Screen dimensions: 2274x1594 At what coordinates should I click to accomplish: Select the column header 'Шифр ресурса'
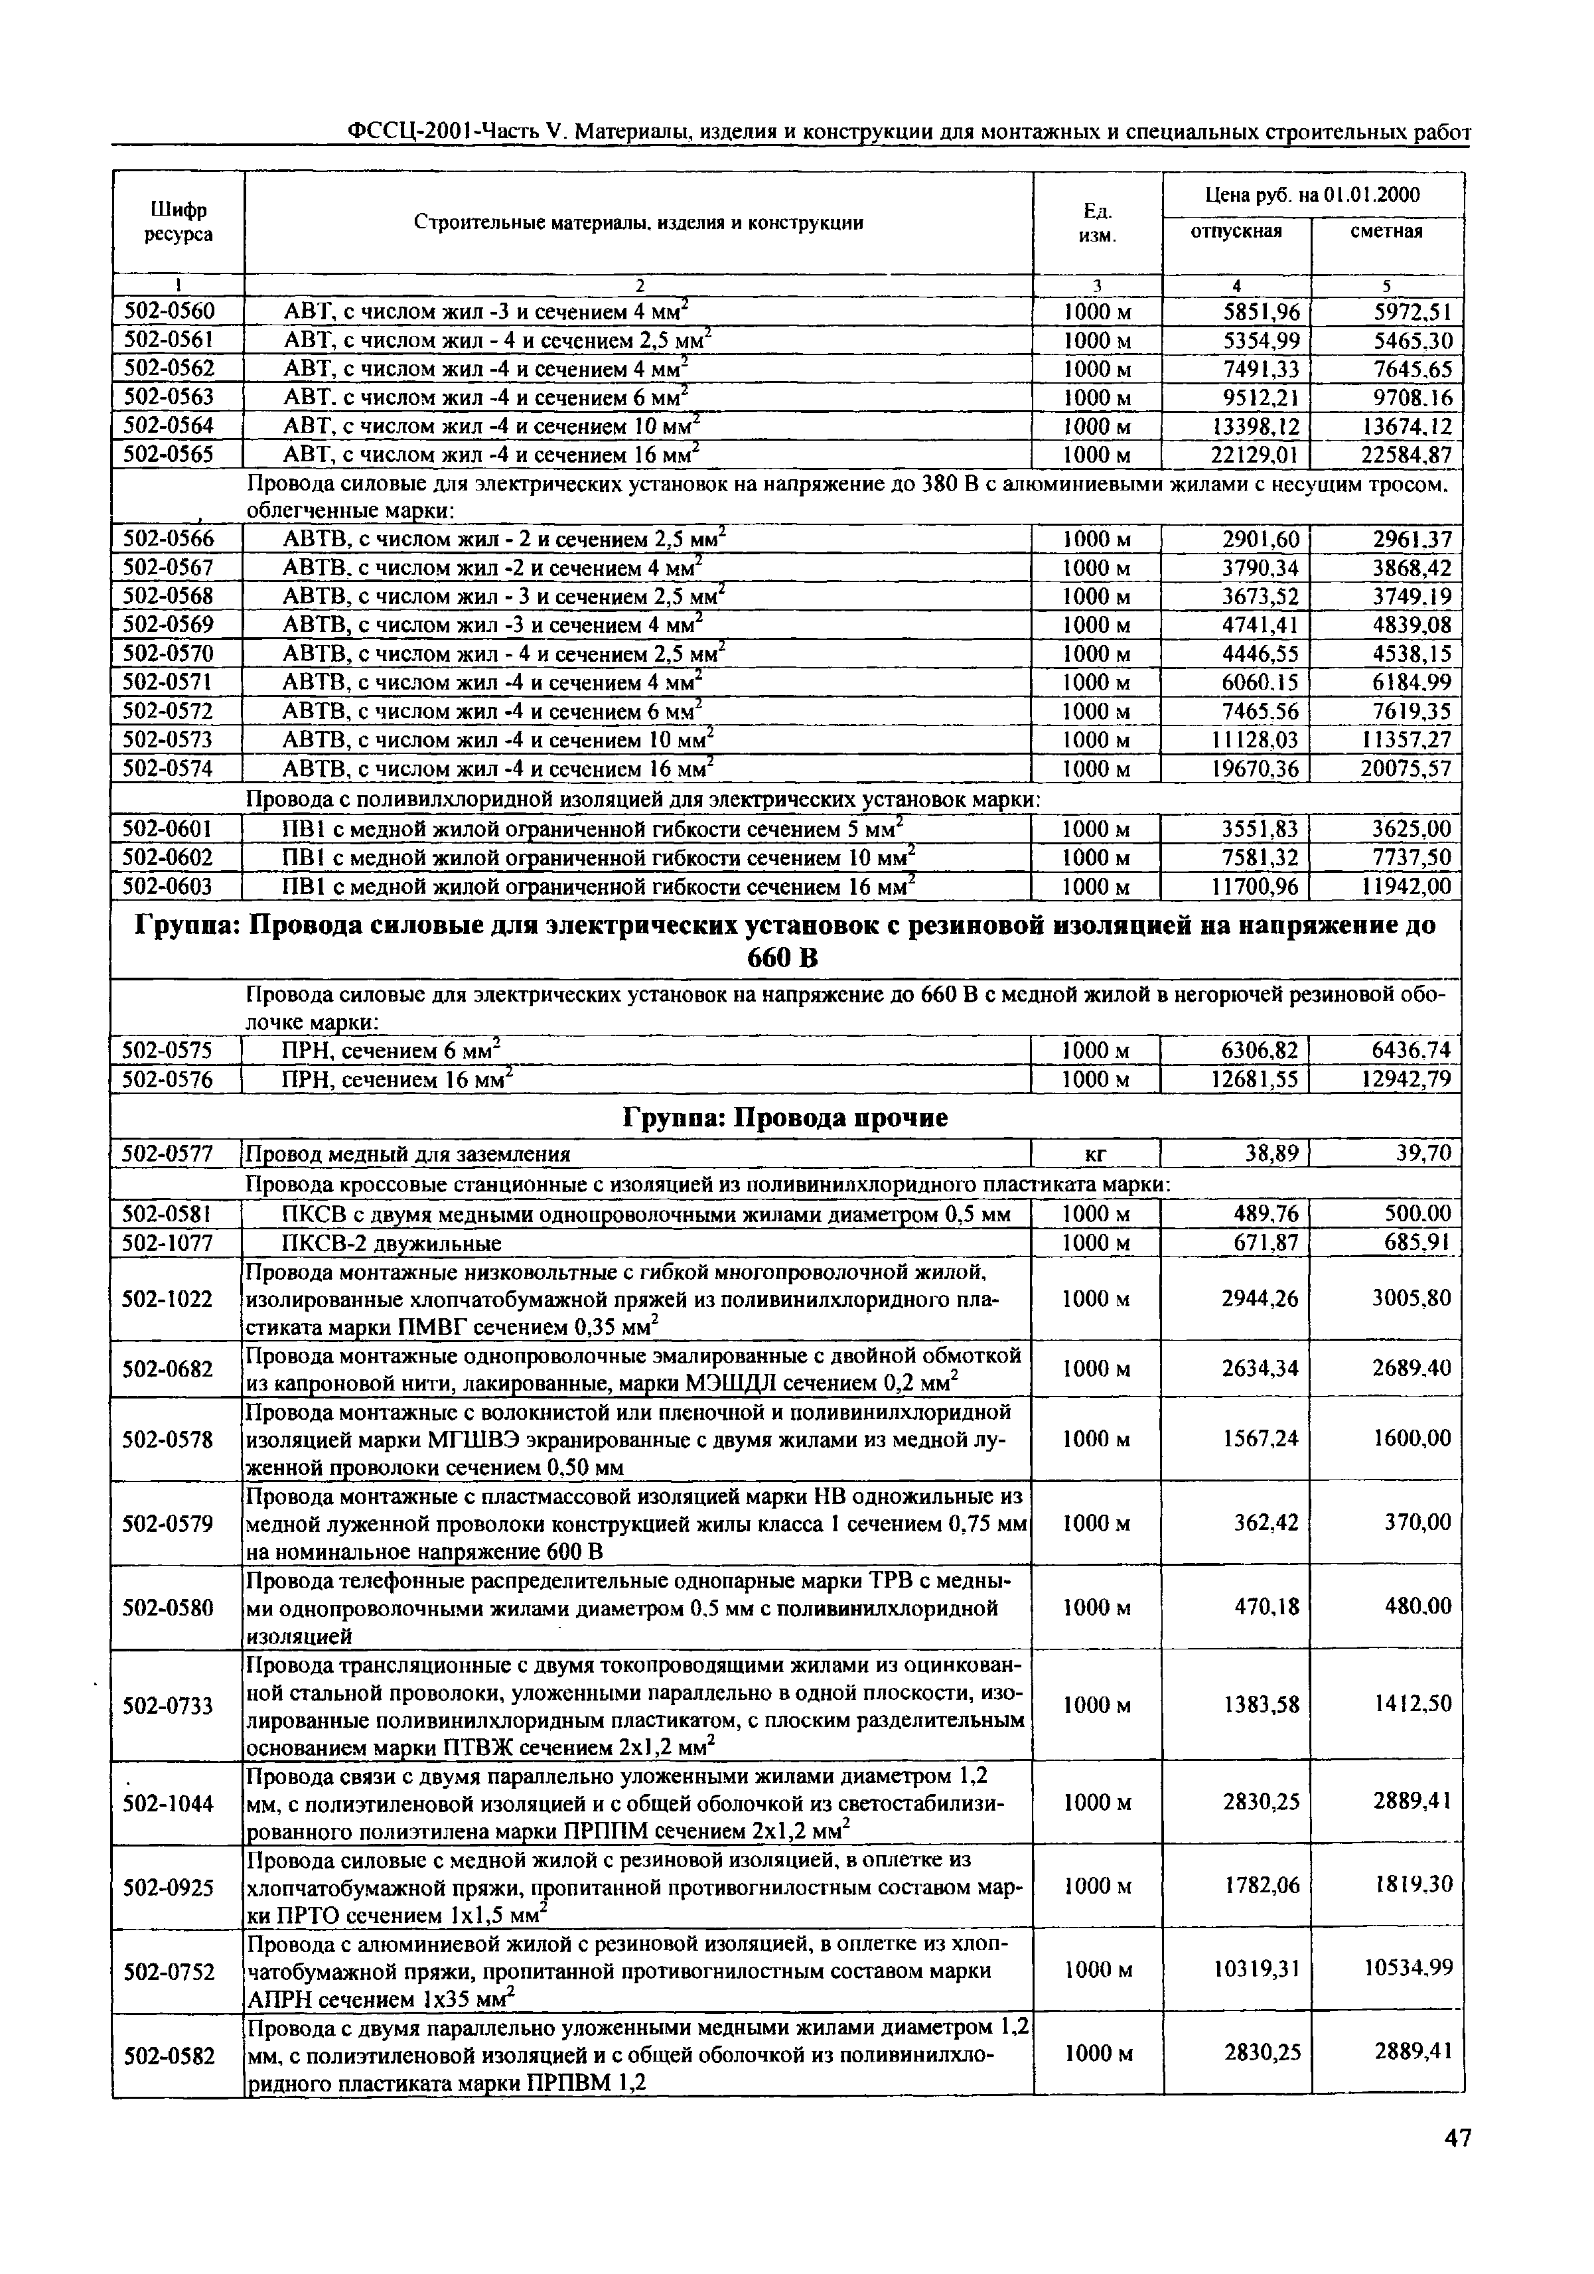pos(179,223)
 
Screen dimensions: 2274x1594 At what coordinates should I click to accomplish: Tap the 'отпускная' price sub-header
pos(1236,231)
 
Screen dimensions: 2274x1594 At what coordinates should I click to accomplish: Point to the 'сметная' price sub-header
pos(1386,231)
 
